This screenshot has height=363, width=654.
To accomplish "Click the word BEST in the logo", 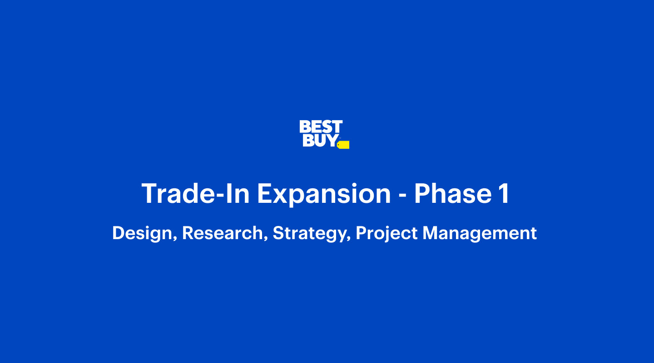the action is (x=321, y=127).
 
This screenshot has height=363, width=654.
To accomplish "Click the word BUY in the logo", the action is (x=321, y=140).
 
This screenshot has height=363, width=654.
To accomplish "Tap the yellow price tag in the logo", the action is (x=343, y=145).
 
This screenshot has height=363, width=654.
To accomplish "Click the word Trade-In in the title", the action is (x=195, y=193).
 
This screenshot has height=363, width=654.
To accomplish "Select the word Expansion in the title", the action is (x=324, y=195).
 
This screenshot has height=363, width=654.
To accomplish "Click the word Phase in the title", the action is (x=453, y=193).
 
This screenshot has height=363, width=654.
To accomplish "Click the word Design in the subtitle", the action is (x=143, y=233).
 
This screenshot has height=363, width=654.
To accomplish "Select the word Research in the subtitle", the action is (x=223, y=233).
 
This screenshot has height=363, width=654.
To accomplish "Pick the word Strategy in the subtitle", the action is (x=309, y=233).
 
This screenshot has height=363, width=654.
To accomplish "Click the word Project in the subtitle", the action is (x=386, y=233).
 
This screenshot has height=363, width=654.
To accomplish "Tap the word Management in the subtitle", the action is (x=480, y=233).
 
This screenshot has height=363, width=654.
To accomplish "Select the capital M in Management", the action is (x=431, y=233).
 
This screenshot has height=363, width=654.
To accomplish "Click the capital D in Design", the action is (x=119, y=233).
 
